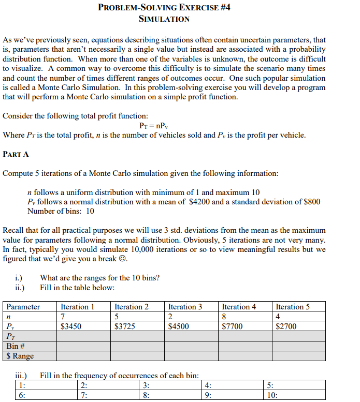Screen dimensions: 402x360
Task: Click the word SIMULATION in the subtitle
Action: (x=164, y=19)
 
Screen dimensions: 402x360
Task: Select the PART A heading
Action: (x=16, y=154)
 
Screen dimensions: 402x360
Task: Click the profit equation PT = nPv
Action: (x=154, y=126)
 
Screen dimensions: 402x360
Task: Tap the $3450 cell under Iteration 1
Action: (x=70, y=326)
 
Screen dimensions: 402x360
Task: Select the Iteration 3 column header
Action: (x=185, y=307)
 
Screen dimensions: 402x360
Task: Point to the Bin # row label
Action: (x=16, y=346)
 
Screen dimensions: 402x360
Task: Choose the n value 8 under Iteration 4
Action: (x=224, y=317)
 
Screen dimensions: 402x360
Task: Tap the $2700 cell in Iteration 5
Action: (x=285, y=326)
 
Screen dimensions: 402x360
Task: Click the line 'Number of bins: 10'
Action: (x=61, y=211)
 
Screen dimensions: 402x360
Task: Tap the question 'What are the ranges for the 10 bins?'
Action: (x=99, y=278)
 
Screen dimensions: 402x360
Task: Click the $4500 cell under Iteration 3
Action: (x=179, y=326)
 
